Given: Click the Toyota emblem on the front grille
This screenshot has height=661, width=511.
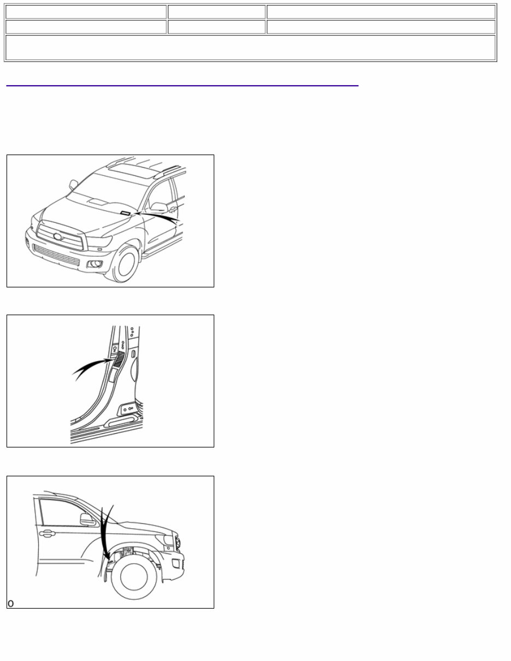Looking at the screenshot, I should (57, 237).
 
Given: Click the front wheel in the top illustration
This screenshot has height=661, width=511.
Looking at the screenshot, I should (125, 264).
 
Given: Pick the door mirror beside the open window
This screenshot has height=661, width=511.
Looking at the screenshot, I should (159, 207).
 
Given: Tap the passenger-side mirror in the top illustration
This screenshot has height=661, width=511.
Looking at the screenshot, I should (73, 185).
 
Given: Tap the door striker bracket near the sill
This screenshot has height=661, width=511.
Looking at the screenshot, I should (128, 408).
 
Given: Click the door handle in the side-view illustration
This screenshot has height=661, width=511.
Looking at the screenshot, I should (47, 533).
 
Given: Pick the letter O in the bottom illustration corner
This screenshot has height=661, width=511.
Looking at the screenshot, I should (10, 604).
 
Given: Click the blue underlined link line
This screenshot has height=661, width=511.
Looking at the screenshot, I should (182, 86).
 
